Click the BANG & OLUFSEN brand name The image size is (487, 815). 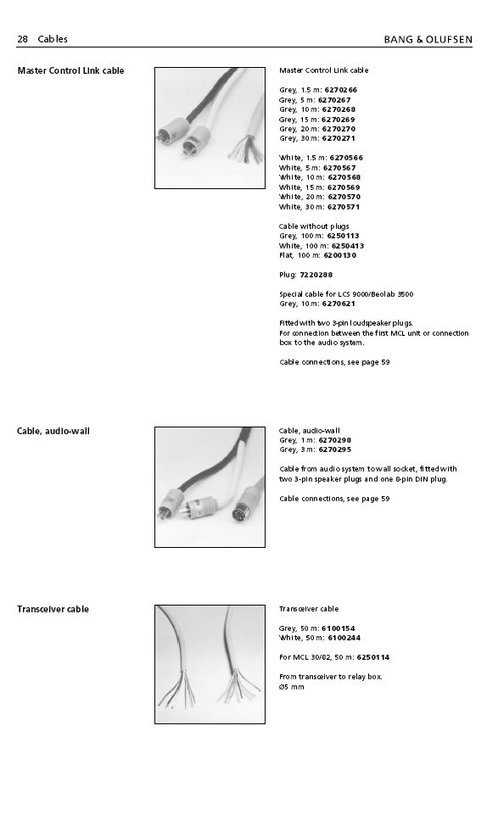(428, 40)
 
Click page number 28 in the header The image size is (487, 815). (22, 39)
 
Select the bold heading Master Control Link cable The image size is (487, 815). (70, 70)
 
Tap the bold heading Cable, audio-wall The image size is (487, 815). (53, 431)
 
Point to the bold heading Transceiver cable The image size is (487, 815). (53, 609)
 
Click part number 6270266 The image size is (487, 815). (341, 90)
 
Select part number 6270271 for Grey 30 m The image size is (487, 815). (339, 138)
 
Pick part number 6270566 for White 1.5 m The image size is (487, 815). (346, 158)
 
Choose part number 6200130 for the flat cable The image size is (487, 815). (340, 255)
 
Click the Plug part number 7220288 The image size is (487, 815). (316, 275)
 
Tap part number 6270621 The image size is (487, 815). (339, 304)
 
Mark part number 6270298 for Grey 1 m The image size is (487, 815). (335, 440)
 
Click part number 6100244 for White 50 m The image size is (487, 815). (344, 638)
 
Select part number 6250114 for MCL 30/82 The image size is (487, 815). (372, 657)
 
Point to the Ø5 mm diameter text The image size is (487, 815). (292, 687)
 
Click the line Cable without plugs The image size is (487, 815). (314, 226)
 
